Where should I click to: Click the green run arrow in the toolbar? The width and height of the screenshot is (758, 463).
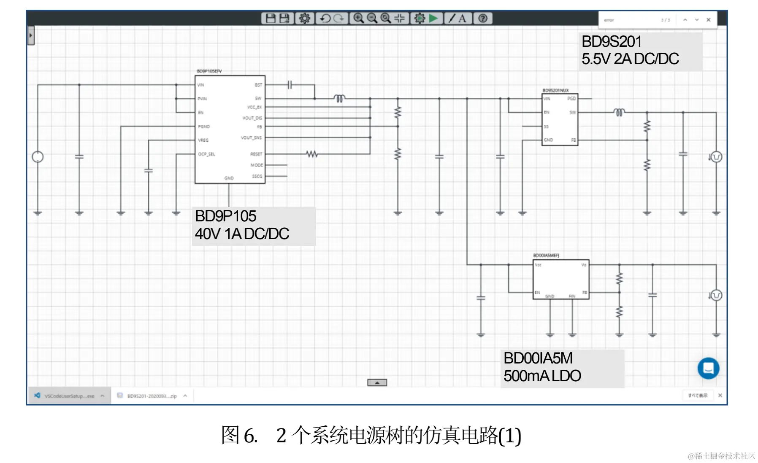[433, 18]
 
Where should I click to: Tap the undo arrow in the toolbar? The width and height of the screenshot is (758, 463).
[325, 18]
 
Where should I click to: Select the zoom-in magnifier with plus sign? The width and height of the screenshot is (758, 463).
[358, 18]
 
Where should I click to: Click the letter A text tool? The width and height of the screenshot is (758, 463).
[463, 18]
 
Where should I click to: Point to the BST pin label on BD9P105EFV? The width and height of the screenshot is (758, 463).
[258, 85]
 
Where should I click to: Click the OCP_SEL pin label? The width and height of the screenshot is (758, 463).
[206, 154]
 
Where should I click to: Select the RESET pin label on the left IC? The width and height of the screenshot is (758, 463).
[256, 154]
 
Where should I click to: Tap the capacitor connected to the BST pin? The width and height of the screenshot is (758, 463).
[290, 85]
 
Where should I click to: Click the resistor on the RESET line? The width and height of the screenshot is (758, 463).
[312, 154]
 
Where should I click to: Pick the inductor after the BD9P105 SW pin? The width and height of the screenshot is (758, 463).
[339, 99]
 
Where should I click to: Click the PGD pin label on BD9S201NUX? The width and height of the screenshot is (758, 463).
[571, 99]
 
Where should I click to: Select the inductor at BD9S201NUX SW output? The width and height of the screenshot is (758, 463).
[619, 113]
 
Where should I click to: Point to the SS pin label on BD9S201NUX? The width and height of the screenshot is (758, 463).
[546, 127]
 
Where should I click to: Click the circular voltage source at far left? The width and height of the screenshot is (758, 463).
[38, 157]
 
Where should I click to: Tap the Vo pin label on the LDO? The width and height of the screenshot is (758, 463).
[584, 265]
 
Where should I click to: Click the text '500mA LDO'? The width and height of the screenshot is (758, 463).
[542, 376]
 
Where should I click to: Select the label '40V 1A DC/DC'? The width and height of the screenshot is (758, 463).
[242, 234]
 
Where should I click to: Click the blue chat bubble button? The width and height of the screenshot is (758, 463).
[708, 368]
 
